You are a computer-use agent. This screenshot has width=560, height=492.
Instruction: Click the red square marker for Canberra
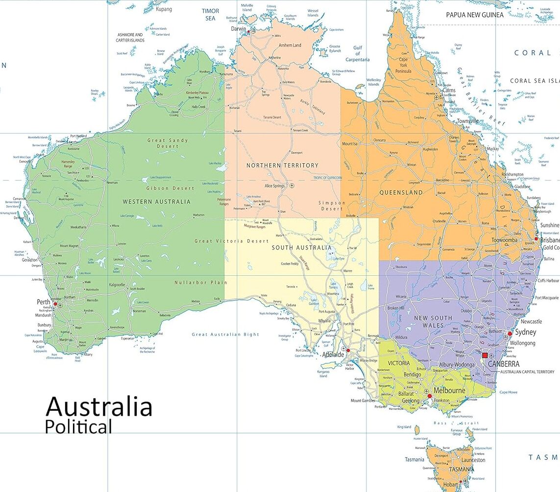click(485, 356)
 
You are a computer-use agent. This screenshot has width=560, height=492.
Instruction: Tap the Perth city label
click(44, 302)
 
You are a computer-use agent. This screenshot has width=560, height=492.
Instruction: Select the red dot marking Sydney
click(510, 333)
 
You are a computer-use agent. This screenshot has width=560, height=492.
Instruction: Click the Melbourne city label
click(449, 390)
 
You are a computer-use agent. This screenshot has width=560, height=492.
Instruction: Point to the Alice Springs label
click(274, 186)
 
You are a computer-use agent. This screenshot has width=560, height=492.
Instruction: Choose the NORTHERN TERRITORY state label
click(282, 165)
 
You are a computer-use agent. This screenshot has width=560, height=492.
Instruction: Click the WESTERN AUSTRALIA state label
click(156, 201)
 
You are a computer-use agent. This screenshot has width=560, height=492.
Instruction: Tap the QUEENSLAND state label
click(401, 193)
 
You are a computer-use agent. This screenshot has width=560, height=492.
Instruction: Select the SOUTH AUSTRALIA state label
click(301, 248)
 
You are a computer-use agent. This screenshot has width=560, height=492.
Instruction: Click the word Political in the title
click(78, 427)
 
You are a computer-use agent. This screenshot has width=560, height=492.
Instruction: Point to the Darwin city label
click(239, 29)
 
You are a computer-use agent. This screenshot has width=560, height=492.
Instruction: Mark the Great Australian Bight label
click(225, 335)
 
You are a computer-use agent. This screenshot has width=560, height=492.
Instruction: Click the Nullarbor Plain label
click(201, 282)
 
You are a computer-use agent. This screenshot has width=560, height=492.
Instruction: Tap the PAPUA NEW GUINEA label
click(474, 15)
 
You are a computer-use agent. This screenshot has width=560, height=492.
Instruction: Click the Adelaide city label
click(333, 355)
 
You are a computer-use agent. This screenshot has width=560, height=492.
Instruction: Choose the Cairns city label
click(449, 90)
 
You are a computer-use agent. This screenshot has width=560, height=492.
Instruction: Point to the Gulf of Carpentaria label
click(357, 54)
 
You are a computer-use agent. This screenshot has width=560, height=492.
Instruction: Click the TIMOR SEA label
click(210, 14)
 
